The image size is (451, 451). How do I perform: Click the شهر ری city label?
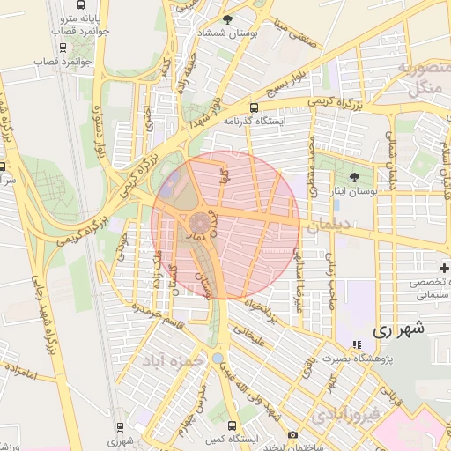(x=399, y=330)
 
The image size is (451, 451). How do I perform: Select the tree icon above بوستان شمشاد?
(x=228, y=18)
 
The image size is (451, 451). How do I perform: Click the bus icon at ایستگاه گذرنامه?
(x=255, y=107)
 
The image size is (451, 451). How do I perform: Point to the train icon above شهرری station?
(x=119, y=426)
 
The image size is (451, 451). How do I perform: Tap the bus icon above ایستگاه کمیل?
(x=231, y=425)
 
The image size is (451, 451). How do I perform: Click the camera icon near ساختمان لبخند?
(x=292, y=435)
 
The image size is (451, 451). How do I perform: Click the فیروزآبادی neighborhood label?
(x=347, y=412)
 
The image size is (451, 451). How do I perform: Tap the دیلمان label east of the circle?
(x=328, y=225)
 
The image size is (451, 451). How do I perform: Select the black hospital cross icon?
(x=444, y=268)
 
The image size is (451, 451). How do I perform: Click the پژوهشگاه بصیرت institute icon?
(x=356, y=344)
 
